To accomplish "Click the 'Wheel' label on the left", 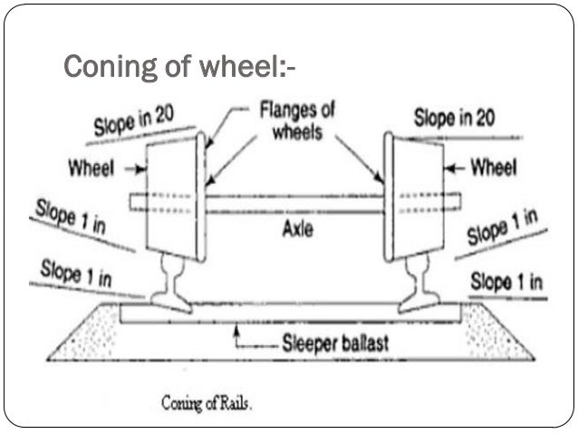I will (x=89, y=169).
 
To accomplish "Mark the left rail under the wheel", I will (x=169, y=281).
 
